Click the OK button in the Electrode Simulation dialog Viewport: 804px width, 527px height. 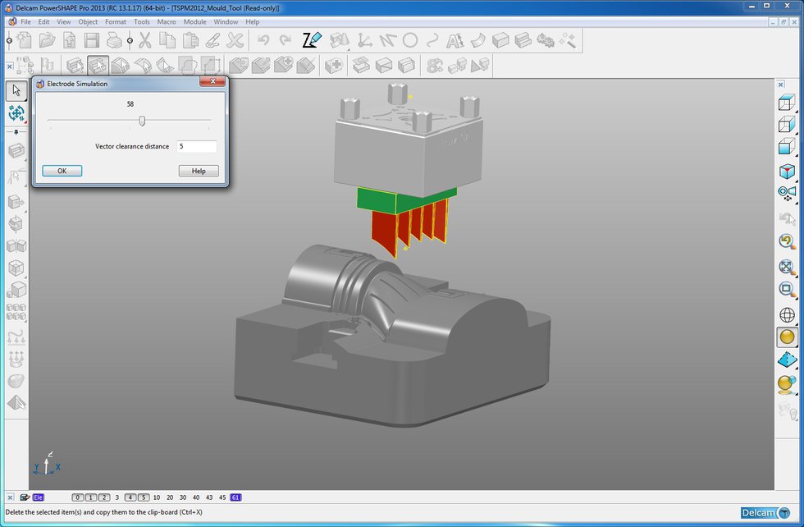tap(62, 171)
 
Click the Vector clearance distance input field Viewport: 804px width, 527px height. tap(197, 147)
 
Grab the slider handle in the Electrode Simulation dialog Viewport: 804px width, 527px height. tap(142, 121)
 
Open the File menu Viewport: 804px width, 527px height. tap(25, 21)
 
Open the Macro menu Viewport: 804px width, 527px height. tap(167, 21)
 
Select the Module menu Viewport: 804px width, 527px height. tap(194, 21)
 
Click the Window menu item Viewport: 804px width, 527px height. tap(226, 21)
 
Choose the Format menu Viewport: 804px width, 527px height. tap(116, 21)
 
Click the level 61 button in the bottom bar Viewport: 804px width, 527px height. tap(236, 497)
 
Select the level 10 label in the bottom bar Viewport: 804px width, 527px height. tap(157, 497)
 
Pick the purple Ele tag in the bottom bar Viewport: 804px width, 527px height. tap(39, 497)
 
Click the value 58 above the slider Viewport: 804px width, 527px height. tap(130, 104)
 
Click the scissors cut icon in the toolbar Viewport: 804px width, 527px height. tap(145, 40)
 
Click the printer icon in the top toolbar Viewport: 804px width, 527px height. tap(115, 40)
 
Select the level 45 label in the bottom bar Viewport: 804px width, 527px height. tap(222, 497)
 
